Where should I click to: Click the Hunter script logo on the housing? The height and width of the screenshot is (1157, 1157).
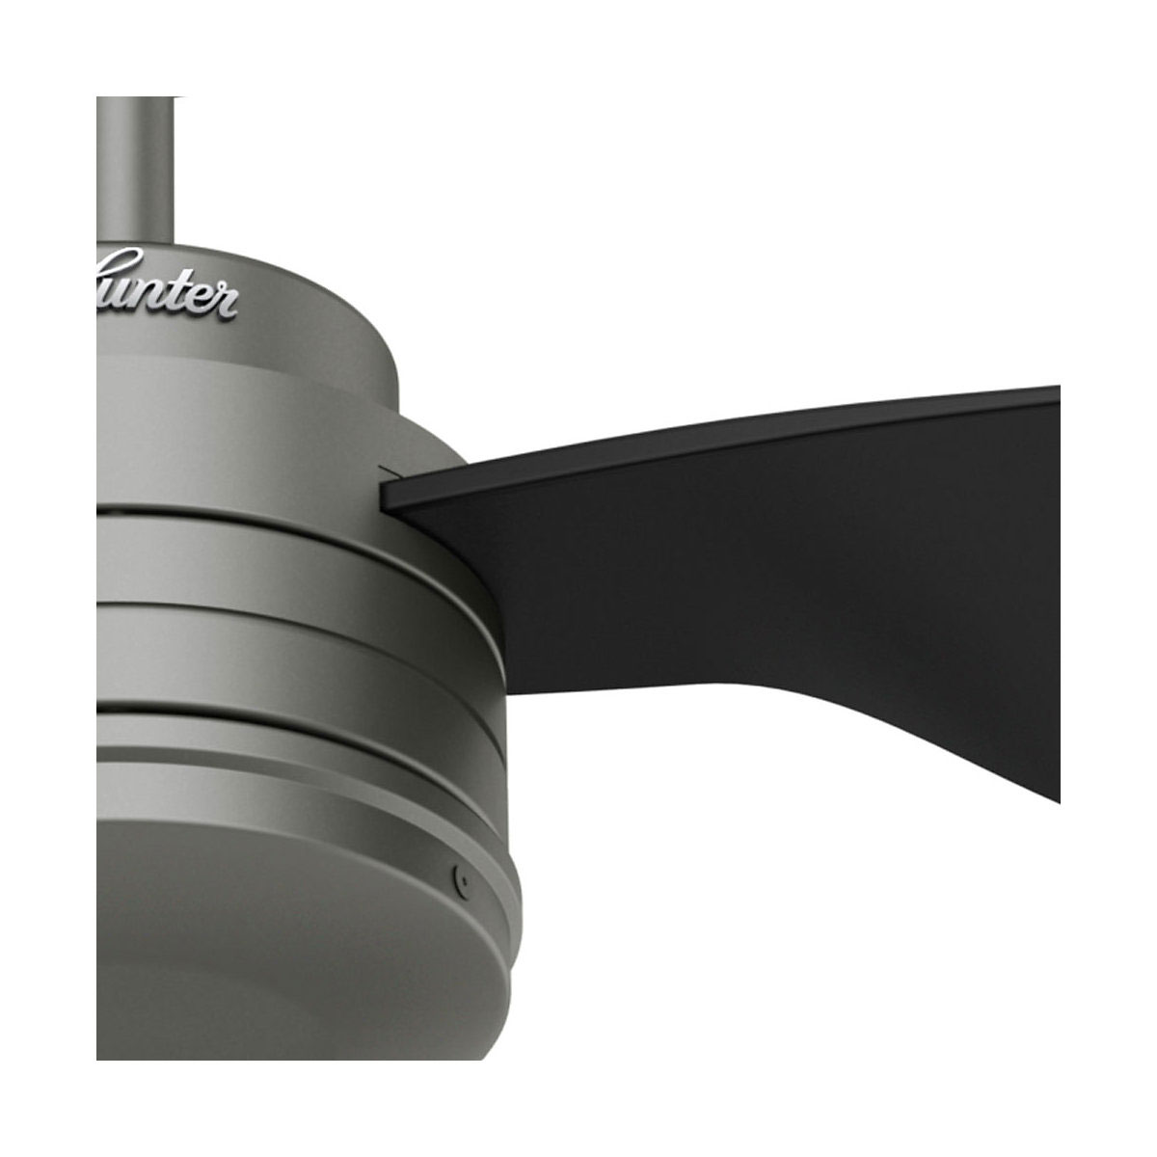point(169,285)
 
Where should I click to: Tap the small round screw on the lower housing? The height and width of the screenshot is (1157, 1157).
point(464,879)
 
